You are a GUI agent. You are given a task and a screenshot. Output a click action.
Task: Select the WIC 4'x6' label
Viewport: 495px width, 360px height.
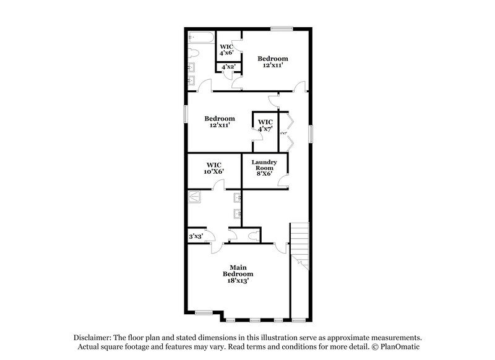coord(226,49)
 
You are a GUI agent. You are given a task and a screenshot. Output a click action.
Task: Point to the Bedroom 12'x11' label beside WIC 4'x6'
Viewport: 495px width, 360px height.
coord(273,62)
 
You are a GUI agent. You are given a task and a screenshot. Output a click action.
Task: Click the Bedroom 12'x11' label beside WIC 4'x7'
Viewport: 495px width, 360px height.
coord(220,122)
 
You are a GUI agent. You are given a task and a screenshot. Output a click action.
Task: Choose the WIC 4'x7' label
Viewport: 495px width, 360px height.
coord(265,126)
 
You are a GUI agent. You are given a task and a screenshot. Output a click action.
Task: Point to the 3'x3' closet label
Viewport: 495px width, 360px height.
coord(196,236)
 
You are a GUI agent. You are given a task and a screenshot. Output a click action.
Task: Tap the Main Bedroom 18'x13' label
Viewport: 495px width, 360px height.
coord(238,273)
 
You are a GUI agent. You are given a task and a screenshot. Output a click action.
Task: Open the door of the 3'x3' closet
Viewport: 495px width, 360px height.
coord(210,236)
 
